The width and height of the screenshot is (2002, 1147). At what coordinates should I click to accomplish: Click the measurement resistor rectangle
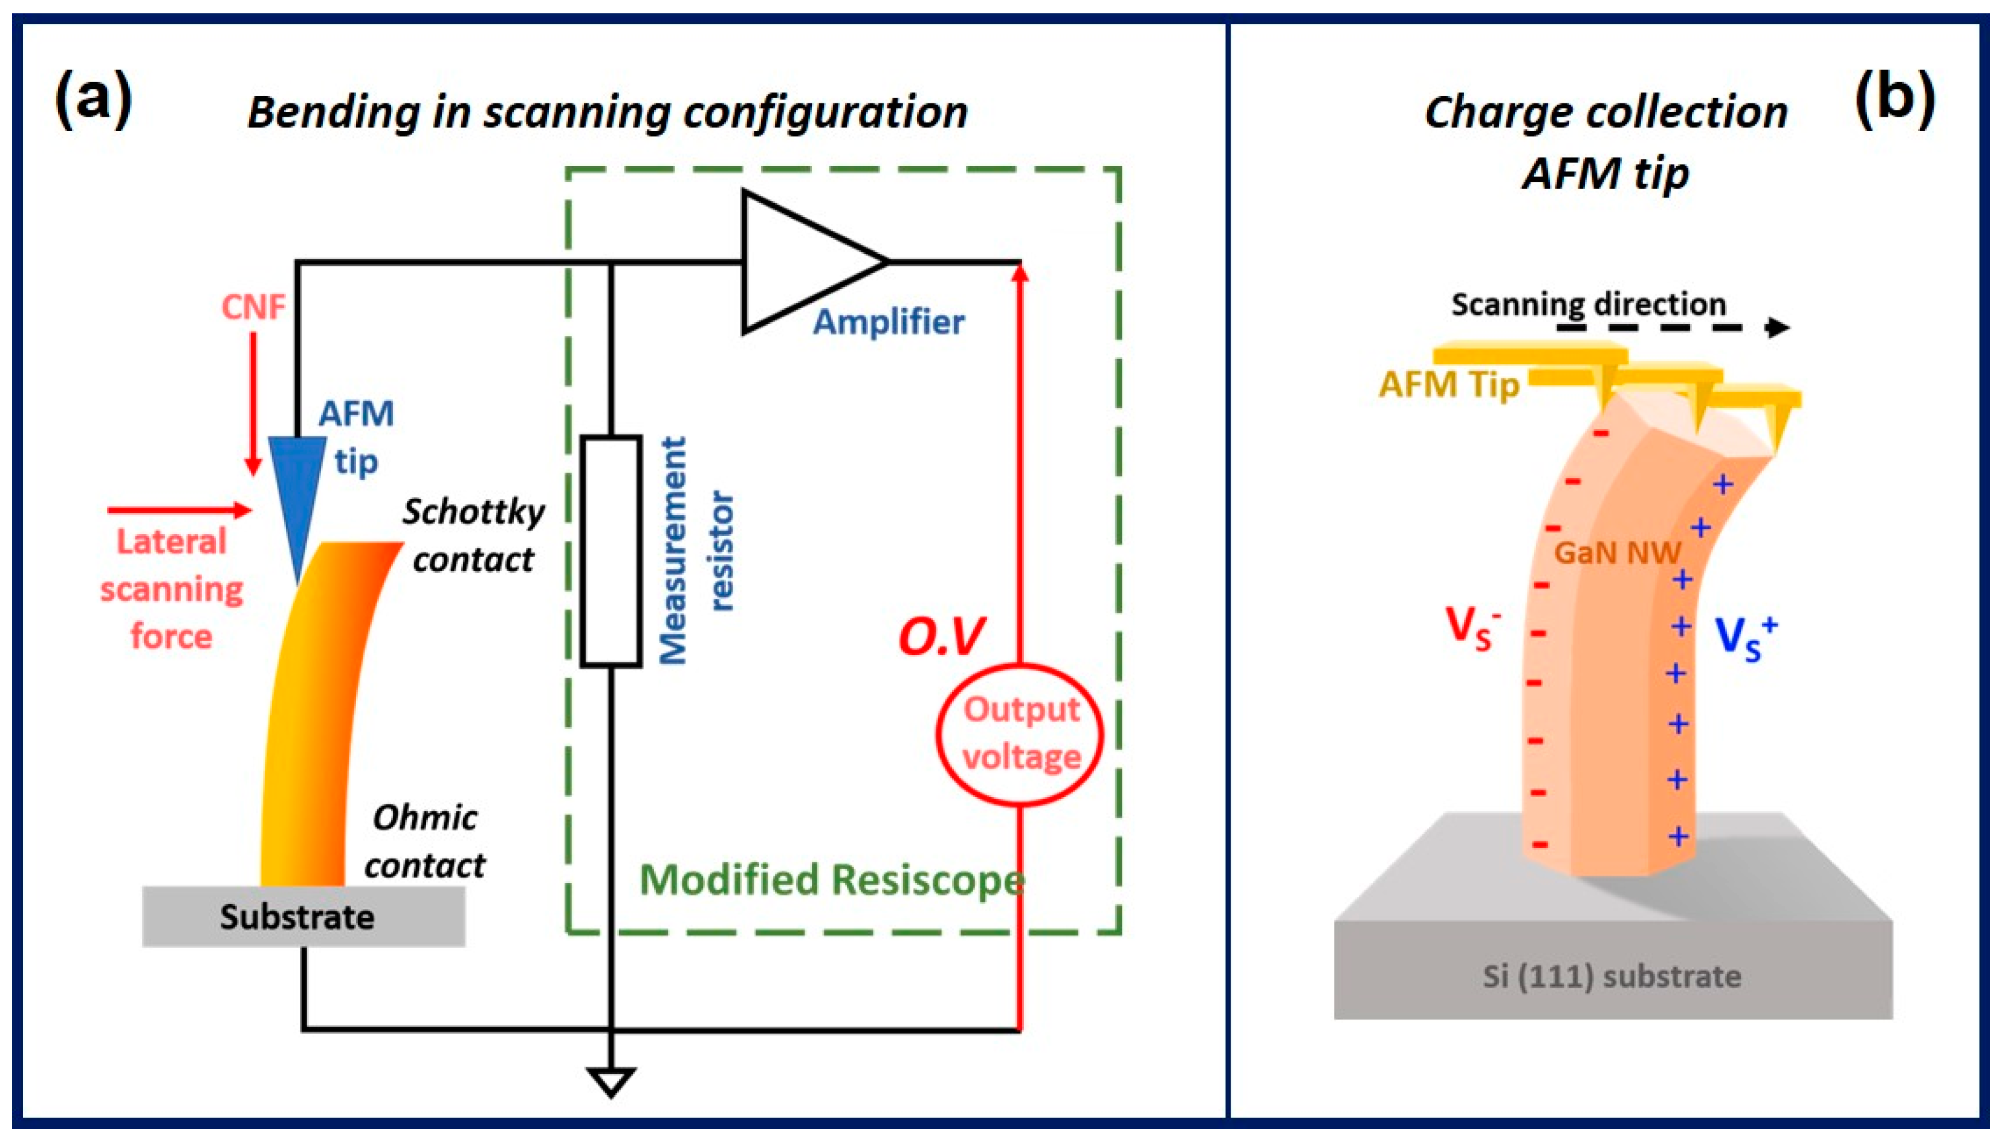(611, 551)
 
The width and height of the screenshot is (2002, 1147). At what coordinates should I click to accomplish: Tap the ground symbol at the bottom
(611, 1081)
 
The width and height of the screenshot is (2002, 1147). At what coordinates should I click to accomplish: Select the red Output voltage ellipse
(1020, 734)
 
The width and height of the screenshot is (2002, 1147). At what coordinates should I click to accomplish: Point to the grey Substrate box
(303, 916)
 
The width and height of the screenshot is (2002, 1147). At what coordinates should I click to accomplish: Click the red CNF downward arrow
(253, 402)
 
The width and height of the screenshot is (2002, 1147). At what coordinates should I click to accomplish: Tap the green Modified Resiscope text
(831, 880)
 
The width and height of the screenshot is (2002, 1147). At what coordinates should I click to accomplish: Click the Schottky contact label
(473, 535)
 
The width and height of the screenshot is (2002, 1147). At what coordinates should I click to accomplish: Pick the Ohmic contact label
(425, 841)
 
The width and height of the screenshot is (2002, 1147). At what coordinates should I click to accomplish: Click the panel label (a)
(93, 98)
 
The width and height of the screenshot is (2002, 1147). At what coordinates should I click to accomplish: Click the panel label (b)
(1895, 98)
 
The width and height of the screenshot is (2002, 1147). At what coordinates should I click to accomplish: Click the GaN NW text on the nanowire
(1617, 553)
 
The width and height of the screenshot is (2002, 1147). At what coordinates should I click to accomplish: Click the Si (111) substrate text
(1612, 977)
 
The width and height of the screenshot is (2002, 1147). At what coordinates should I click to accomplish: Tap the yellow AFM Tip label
(1448, 385)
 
